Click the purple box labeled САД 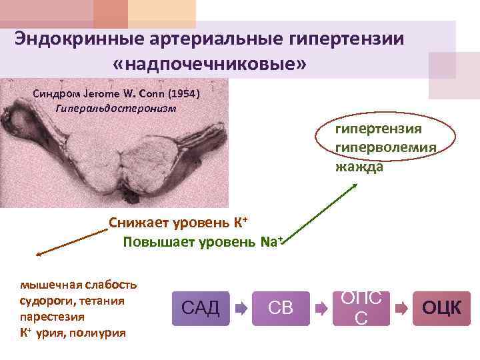[x=201, y=308]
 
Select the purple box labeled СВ [x=281, y=308]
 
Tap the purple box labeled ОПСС [x=361, y=308]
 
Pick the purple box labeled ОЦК [x=441, y=308]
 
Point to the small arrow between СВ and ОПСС [x=321, y=309]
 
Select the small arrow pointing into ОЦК [x=401, y=309]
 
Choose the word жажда [x=359, y=165]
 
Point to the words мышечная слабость [x=79, y=285]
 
